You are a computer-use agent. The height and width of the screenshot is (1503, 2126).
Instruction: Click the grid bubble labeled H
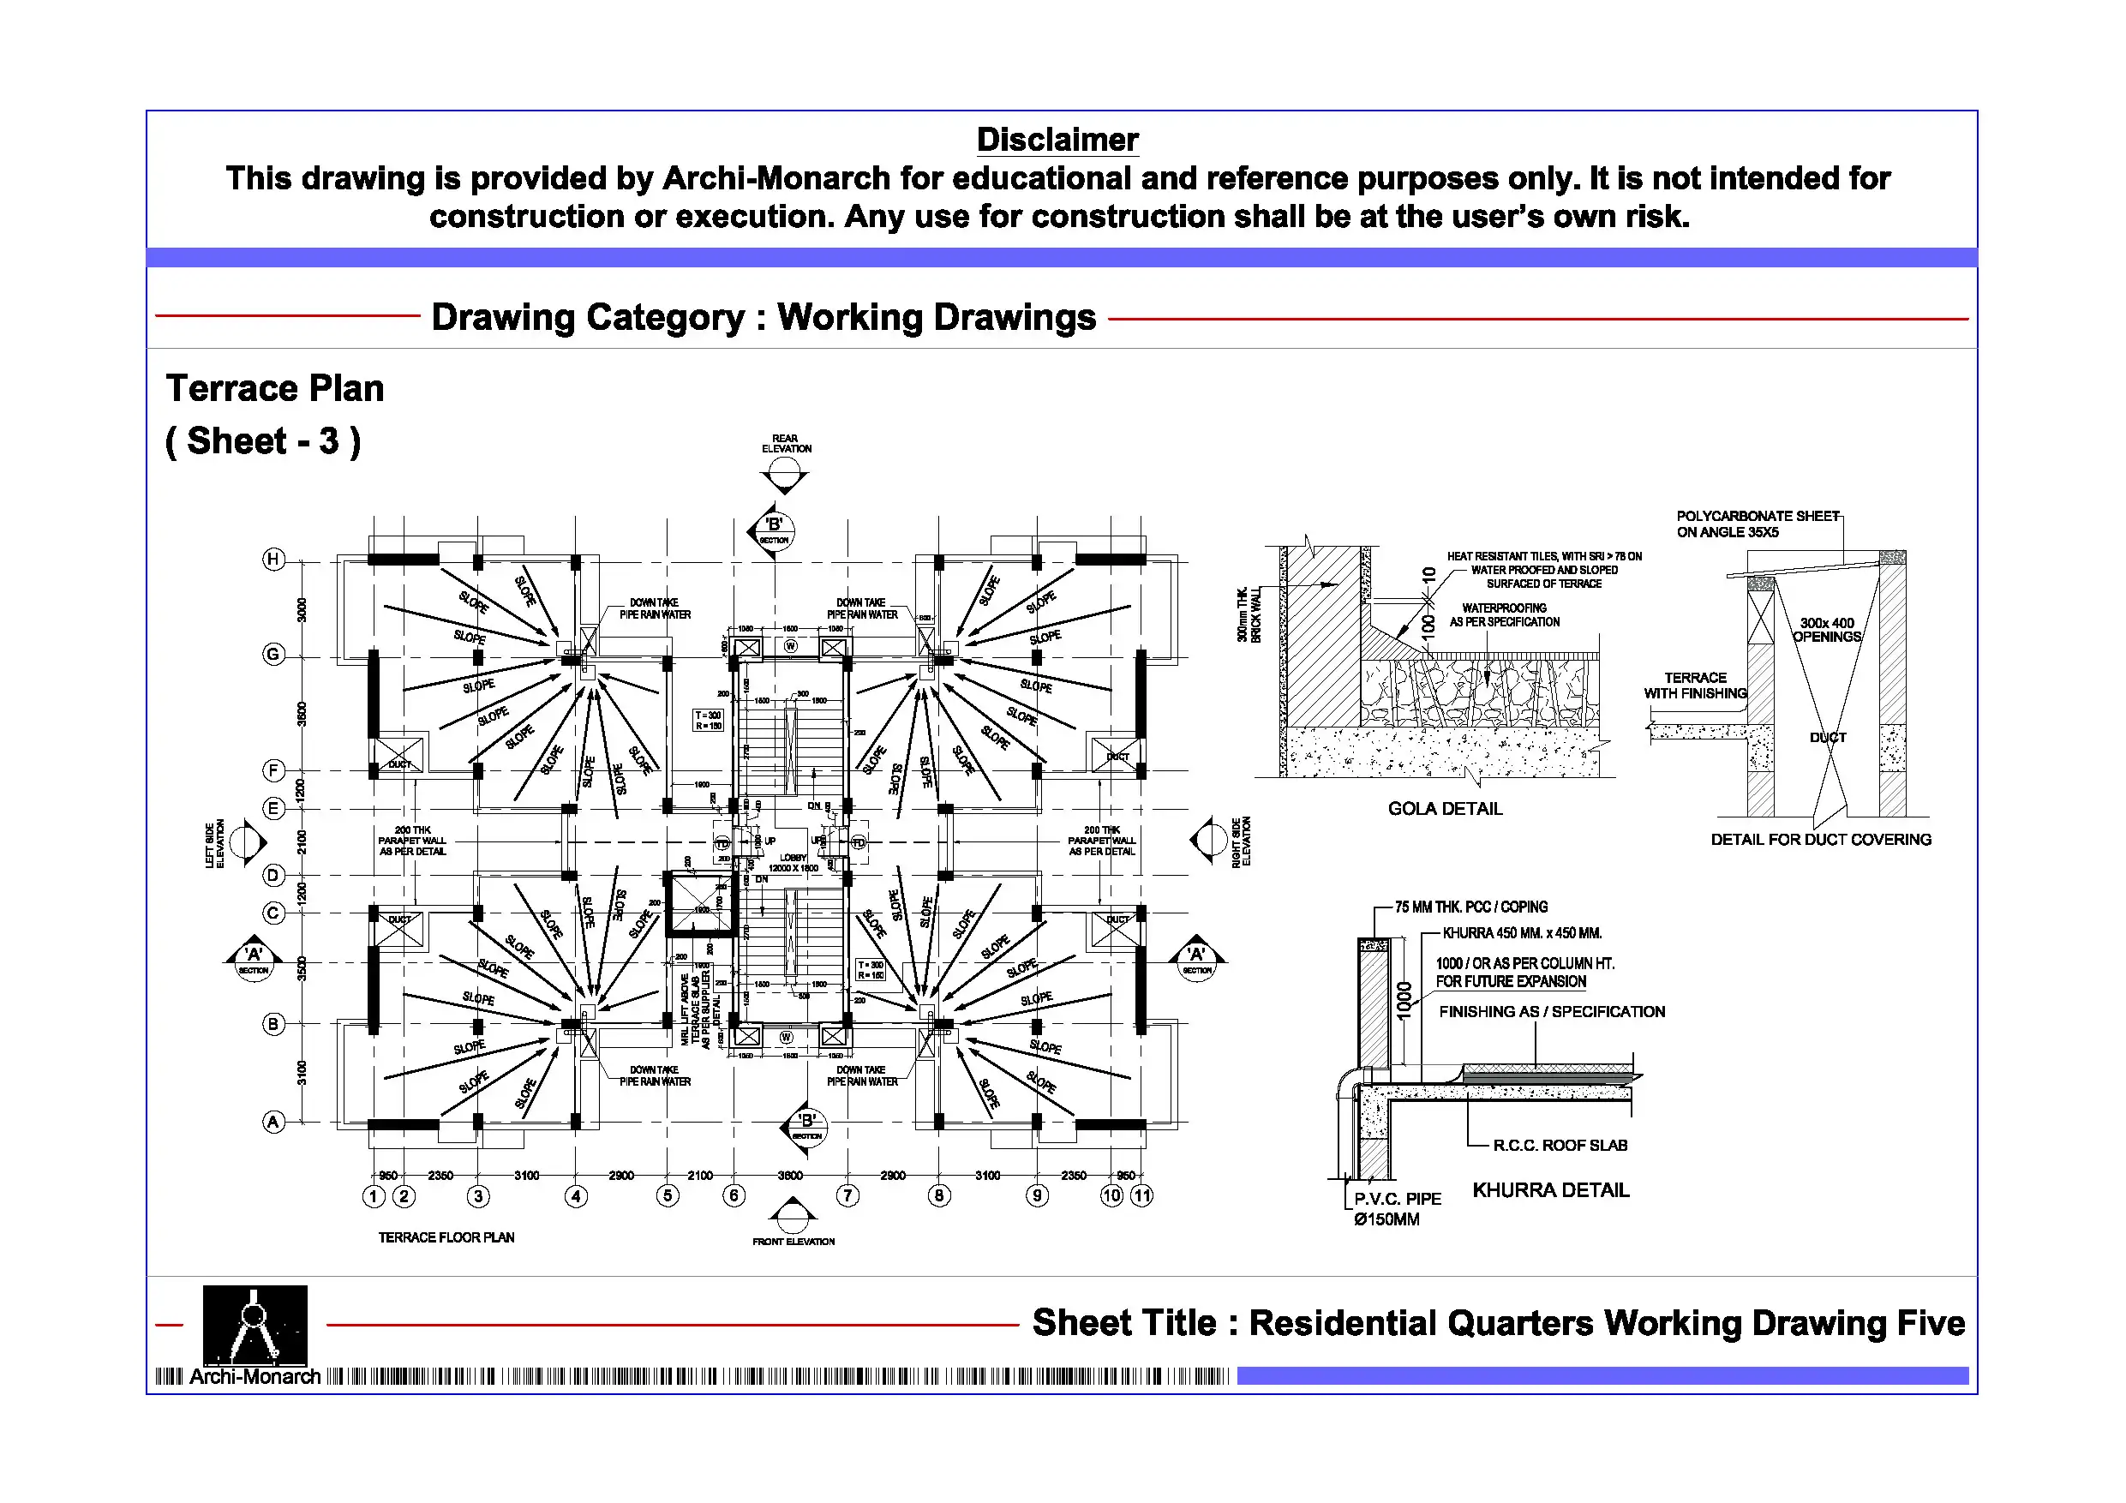point(273,559)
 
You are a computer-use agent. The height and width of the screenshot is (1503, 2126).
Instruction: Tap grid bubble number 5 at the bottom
point(668,1195)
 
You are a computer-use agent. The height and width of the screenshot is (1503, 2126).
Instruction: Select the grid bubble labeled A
point(273,1122)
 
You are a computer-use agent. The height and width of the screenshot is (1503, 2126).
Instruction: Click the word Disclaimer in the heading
point(1057,140)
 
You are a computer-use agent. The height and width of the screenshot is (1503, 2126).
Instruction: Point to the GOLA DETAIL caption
point(1445,808)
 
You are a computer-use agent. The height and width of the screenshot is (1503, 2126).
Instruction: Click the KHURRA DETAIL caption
point(1550,1190)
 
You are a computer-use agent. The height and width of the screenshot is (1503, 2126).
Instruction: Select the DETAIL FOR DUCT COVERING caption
point(1820,839)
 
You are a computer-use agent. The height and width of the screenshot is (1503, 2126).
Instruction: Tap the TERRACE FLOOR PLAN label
point(446,1237)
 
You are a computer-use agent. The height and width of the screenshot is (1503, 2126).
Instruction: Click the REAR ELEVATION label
point(786,444)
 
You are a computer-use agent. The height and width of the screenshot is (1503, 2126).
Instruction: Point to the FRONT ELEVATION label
point(794,1241)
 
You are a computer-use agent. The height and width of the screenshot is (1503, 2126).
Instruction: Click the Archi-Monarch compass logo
point(255,1324)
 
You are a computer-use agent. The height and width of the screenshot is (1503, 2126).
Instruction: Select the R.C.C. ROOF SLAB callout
point(1560,1146)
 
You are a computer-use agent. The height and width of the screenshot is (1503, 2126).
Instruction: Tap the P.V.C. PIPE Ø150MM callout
point(1397,1208)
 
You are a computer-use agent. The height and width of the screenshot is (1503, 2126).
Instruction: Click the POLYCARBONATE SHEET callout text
point(1757,524)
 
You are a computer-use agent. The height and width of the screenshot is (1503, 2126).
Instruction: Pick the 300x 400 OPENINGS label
point(1826,630)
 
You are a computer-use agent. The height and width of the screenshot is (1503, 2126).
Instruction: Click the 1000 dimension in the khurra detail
point(1404,1000)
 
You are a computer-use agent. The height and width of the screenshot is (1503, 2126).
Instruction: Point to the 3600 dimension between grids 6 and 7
point(790,1175)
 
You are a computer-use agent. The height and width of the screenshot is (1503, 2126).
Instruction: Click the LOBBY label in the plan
point(794,859)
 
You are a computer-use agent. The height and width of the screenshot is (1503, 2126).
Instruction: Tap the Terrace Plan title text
point(275,389)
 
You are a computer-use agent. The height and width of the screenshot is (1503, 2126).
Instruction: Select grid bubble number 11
point(1141,1195)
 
